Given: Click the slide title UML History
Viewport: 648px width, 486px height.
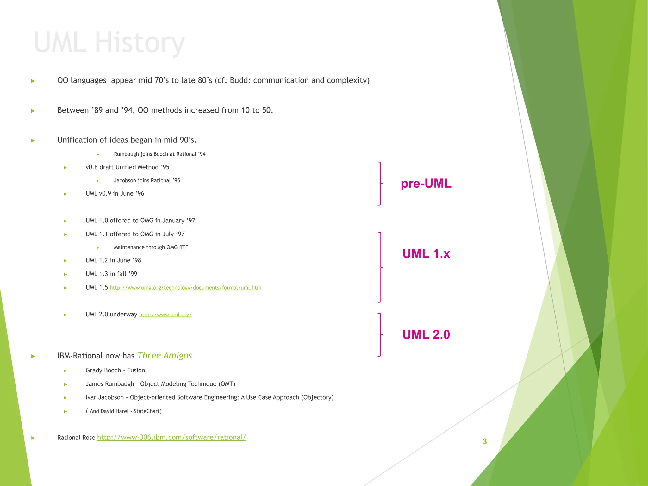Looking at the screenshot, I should [109, 42].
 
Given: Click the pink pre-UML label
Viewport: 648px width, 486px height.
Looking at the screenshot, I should [426, 184].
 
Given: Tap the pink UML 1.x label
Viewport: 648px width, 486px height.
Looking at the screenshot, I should [426, 254].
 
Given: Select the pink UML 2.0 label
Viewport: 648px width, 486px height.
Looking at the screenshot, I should [426, 335].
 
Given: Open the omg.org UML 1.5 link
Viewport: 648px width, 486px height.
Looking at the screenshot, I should [185, 288].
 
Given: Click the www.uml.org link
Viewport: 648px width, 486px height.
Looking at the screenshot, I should [165, 315].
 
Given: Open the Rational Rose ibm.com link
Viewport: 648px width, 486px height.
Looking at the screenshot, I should [171, 437].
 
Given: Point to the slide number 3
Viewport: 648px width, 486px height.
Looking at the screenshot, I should [484, 441].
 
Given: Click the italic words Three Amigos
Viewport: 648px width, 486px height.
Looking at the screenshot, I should [165, 356].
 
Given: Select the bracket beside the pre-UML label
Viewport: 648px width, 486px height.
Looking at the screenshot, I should [380, 184].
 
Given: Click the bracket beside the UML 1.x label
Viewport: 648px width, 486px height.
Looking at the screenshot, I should [380, 267].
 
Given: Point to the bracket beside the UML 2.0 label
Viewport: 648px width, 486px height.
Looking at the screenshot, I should [380, 335].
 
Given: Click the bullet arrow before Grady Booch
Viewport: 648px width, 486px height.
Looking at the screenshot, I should [65, 371].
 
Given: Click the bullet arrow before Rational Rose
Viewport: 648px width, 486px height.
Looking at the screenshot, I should [33, 438].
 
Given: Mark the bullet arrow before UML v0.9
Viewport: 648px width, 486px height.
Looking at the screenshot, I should [65, 194].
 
